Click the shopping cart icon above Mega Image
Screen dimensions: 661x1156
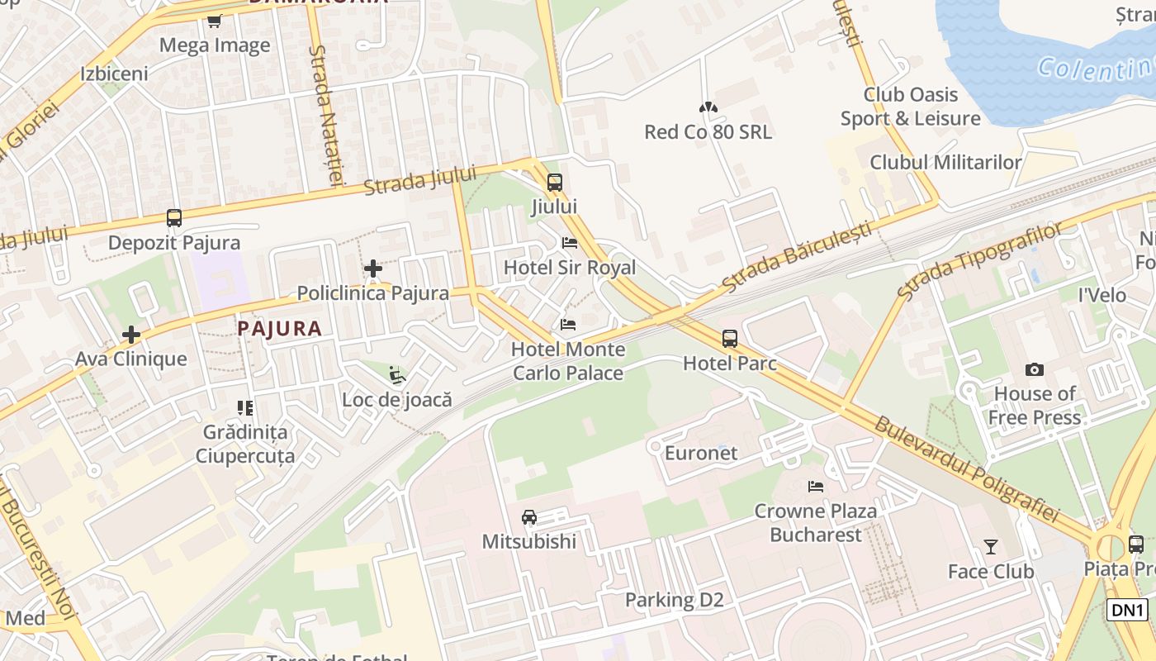pos(215,21)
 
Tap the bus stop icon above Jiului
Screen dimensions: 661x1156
pos(554,182)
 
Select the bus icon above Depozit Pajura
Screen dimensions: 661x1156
pos(173,218)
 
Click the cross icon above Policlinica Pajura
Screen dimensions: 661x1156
pos(373,269)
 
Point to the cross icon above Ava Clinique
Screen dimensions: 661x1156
pos(131,335)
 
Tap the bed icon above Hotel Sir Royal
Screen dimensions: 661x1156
pos(569,243)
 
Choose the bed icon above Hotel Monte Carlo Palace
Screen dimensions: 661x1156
pos(568,325)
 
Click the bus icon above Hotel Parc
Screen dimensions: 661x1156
pos(729,338)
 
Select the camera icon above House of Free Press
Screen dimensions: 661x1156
pos(1034,369)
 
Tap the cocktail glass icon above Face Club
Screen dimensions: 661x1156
pos(990,546)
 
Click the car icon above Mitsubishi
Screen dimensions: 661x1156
pos(529,517)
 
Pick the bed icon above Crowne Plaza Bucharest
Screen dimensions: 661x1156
pos(816,487)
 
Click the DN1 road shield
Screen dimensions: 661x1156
pos(1127,610)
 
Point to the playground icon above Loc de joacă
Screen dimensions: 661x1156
pos(397,375)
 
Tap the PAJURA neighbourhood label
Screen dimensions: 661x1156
pos(279,328)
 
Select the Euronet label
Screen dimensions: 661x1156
pos(701,453)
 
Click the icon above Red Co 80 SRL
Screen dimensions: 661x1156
pos(708,107)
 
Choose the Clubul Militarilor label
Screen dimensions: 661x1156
pos(945,162)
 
